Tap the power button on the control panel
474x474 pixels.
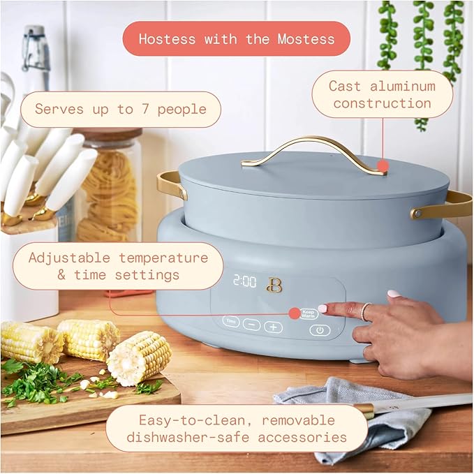(x=319, y=330)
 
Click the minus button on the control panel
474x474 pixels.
(x=251, y=325)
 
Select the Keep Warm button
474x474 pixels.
(x=309, y=314)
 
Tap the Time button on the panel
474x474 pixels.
(x=231, y=322)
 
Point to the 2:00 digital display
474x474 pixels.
(x=244, y=281)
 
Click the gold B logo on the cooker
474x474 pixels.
(x=274, y=284)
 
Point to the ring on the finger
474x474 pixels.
(x=365, y=312)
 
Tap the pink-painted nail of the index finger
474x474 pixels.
(x=323, y=308)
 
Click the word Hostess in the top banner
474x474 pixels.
(x=168, y=38)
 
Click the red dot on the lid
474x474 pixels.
(x=383, y=166)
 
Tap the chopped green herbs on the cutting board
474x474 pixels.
(x=38, y=380)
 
